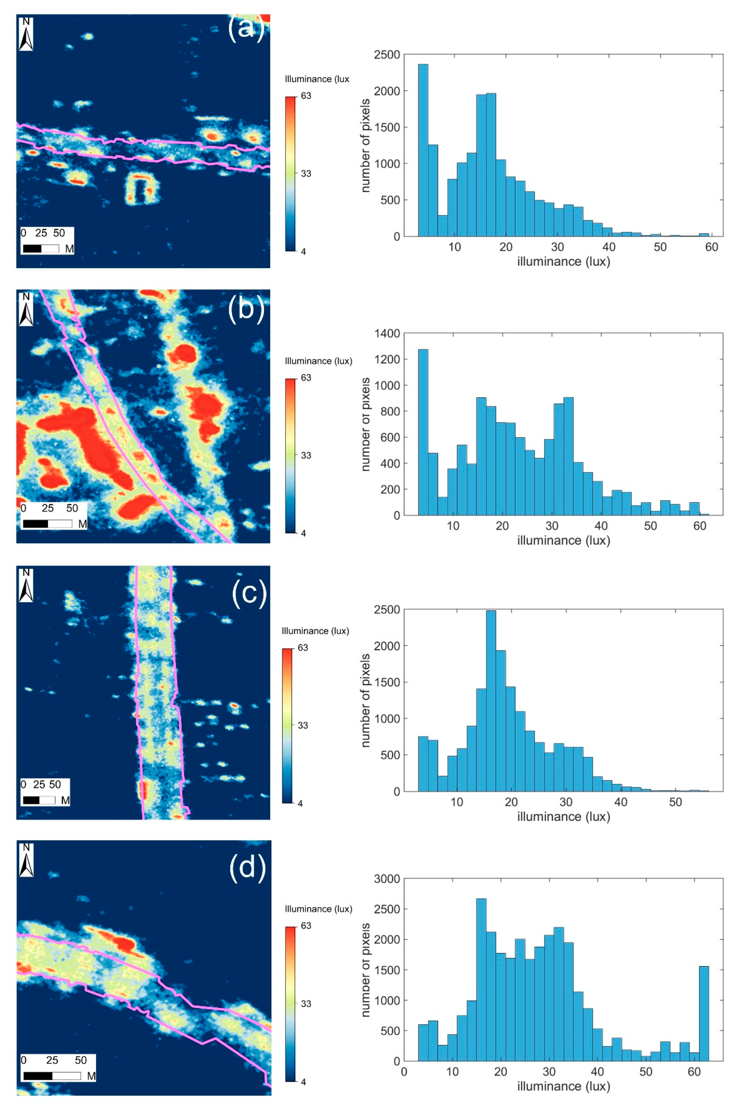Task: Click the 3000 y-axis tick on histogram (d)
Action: tap(387, 878)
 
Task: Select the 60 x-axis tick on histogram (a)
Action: tap(711, 247)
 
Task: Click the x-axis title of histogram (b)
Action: tap(563, 540)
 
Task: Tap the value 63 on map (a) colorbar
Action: tap(306, 96)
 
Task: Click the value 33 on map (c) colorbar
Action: tap(303, 725)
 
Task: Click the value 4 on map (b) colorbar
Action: tap(303, 534)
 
